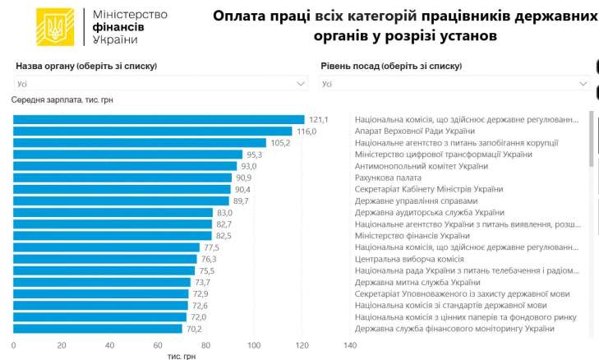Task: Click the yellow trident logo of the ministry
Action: click(55, 27)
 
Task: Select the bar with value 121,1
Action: click(159, 120)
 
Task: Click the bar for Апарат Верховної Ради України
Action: click(153, 132)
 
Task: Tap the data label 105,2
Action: click(280, 143)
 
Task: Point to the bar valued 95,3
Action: click(127, 155)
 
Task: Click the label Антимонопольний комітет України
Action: click(422, 166)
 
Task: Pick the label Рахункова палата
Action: click(388, 178)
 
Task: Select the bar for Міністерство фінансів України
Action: click(113, 236)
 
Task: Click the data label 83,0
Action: click(224, 213)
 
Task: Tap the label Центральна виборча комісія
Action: click(409, 259)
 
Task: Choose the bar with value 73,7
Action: click(102, 283)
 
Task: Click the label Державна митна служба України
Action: click(417, 283)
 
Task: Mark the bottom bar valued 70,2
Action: click(98, 329)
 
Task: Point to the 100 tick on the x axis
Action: click(254, 345)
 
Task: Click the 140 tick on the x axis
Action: click(350, 345)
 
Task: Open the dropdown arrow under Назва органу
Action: click(301, 84)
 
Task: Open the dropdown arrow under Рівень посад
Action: click(583, 84)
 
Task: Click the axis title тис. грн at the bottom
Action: click(182, 356)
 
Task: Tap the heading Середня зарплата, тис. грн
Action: click(62, 100)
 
